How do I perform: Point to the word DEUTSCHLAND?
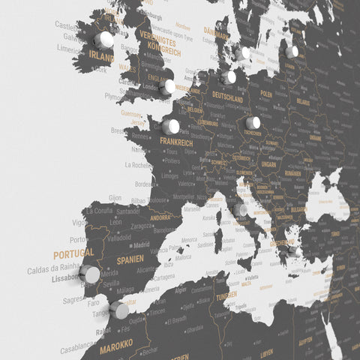[x=227, y=99]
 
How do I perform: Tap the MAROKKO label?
[x=116, y=344]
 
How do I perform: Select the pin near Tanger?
[x=119, y=310]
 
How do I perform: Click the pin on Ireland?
[x=106, y=39]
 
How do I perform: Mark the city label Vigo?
[x=79, y=223]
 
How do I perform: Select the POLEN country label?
[x=266, y=95]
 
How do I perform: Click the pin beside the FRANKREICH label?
[x=171, y=127]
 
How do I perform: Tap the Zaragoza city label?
[x=142, y=225]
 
